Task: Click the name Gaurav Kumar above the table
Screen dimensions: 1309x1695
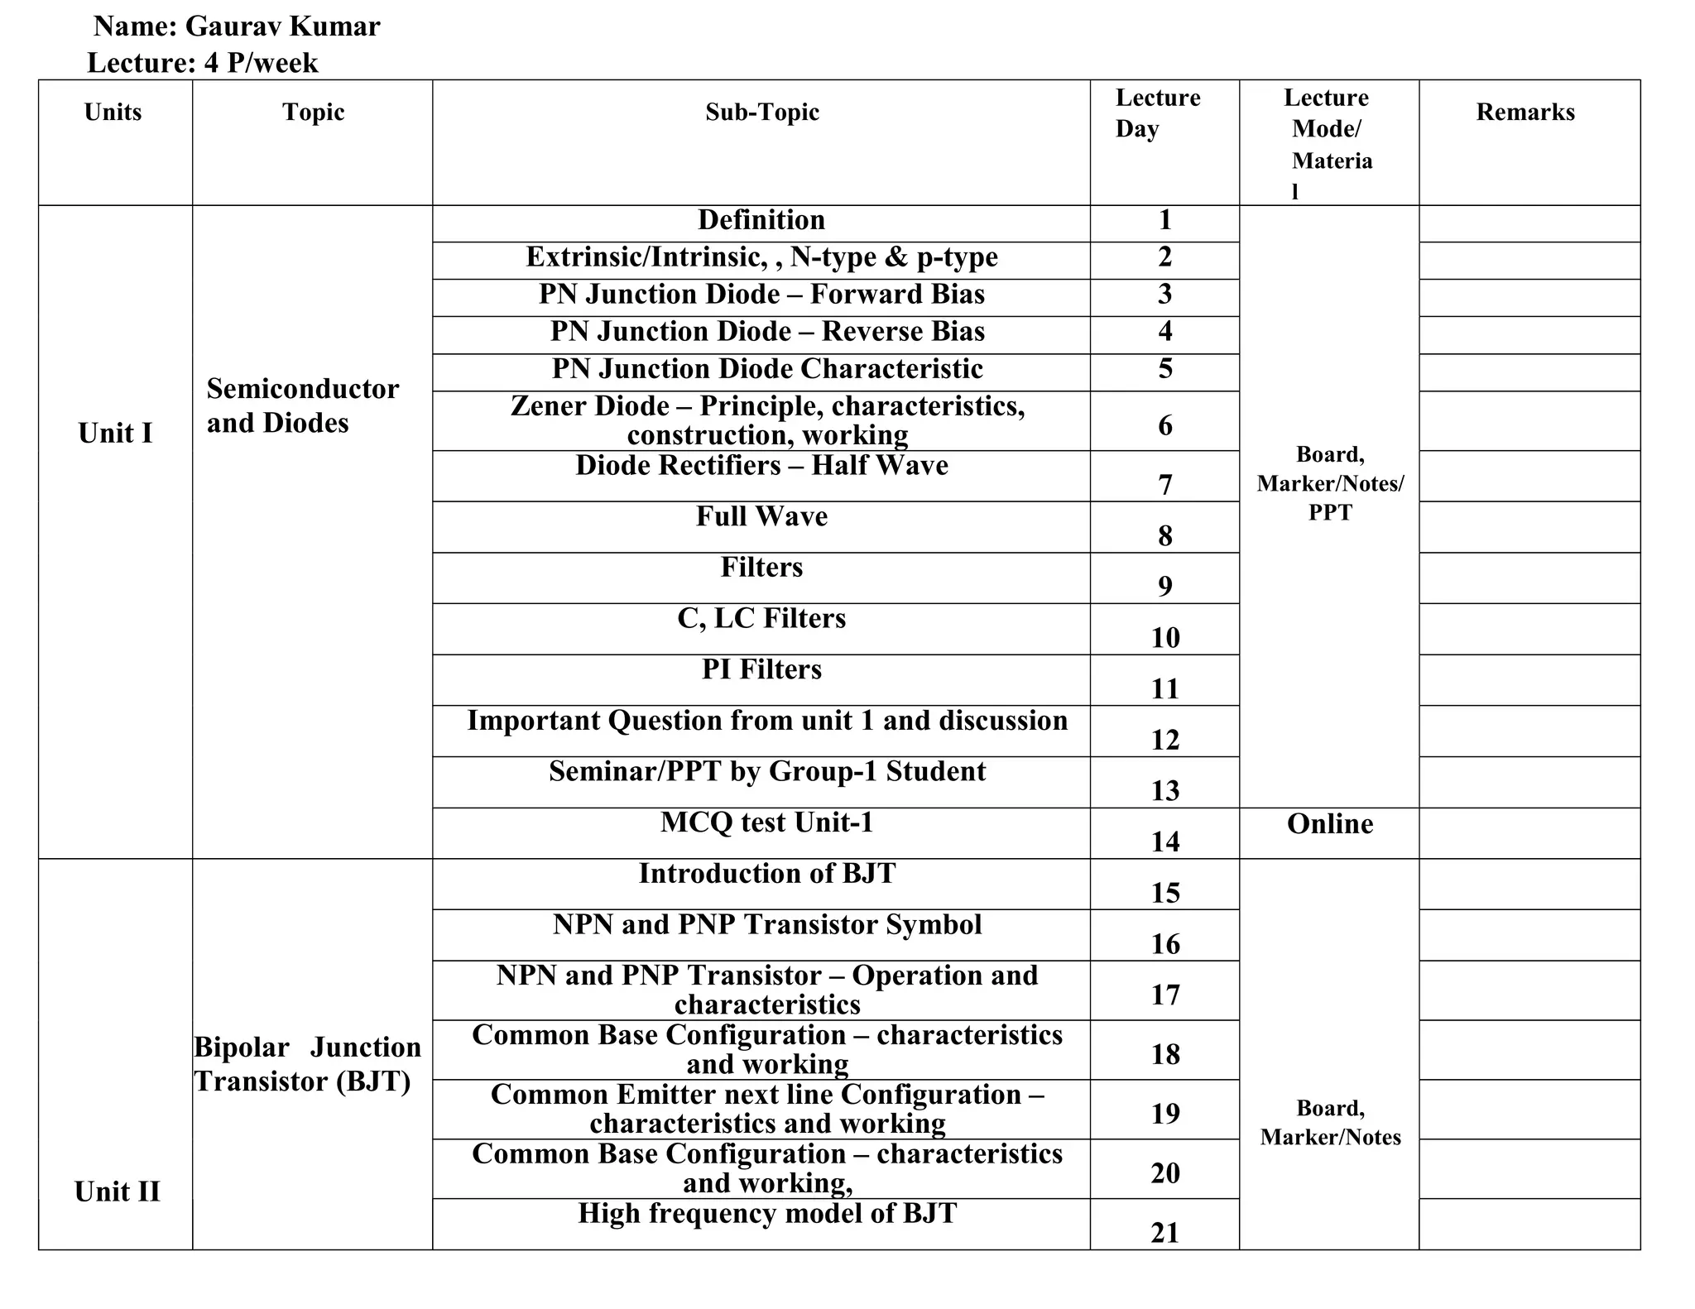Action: pos(282,26)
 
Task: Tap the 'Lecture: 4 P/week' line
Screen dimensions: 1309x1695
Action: pos(203,63)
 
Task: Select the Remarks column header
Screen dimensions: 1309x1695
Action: pos(1525,113)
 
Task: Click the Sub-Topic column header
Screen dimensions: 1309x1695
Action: pos(761,113)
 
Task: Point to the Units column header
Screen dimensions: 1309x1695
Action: pos(113,113)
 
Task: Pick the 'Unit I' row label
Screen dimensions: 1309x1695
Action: pos(115,433)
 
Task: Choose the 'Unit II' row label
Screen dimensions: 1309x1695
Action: pos(117,1192)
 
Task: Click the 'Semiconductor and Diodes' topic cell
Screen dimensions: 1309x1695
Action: pos(302,405)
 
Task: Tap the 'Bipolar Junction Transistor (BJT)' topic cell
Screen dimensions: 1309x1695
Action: pos(307,1064)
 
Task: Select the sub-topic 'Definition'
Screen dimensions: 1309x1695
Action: pos(761,220)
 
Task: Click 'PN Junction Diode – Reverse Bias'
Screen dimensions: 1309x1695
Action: pos(767,332)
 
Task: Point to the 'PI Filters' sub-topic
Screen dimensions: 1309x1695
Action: pos(761,669)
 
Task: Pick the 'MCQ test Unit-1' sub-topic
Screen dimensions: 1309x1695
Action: pos(766,822)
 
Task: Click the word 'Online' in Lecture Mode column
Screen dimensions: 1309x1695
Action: pos(1329,824)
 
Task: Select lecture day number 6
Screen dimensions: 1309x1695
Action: pos(1164,425)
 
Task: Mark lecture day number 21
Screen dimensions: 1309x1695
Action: pos(1164,1233)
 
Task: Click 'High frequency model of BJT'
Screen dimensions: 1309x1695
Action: pos(767,1213)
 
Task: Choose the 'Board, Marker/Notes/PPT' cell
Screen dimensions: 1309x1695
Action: pos(1330,483)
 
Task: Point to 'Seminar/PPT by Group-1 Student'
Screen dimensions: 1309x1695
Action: pos(767,771)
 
